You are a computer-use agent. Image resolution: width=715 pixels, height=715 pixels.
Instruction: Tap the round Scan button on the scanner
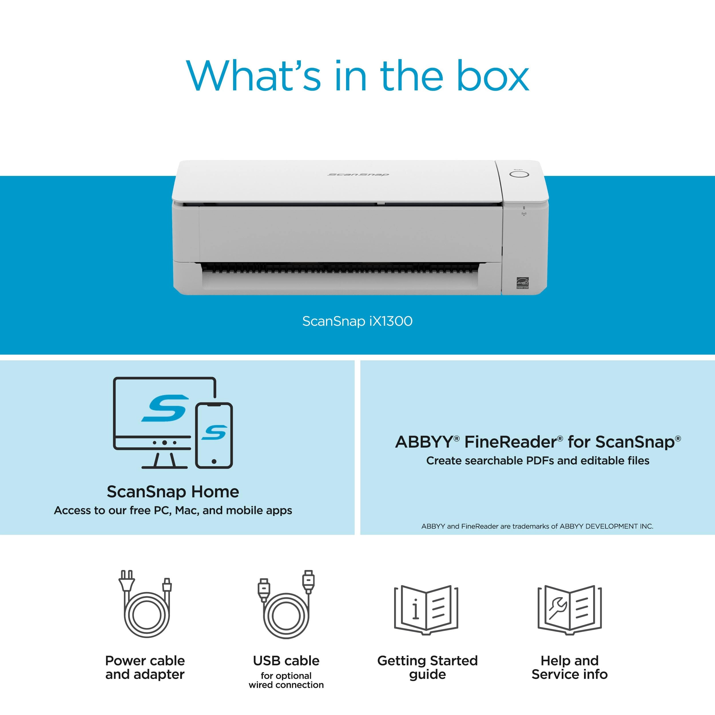click(519, 174)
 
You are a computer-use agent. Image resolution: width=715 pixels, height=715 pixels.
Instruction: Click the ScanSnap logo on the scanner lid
click(358, 174)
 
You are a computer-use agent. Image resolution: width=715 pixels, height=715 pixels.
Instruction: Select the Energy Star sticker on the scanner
click(523, 283)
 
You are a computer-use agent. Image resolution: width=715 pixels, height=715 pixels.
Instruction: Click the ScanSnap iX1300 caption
click(357, 321)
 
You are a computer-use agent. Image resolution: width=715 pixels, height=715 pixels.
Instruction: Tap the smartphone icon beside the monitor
click(214, 435)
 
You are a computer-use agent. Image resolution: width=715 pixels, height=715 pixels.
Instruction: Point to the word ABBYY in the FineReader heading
click(424, 442)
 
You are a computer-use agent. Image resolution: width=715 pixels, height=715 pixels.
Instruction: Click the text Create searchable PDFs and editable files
click(537, 461)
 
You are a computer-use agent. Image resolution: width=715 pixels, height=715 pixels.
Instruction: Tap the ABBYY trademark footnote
click(537, 526)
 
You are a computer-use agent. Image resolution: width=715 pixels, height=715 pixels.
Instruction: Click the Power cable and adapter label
click(145, 667)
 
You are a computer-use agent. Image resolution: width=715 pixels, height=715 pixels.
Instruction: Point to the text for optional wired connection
click(286, 680)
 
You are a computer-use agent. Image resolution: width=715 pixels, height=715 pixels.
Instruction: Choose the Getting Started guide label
click(428, 667)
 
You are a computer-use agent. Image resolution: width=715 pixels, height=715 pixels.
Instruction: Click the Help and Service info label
click(569, 667)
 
